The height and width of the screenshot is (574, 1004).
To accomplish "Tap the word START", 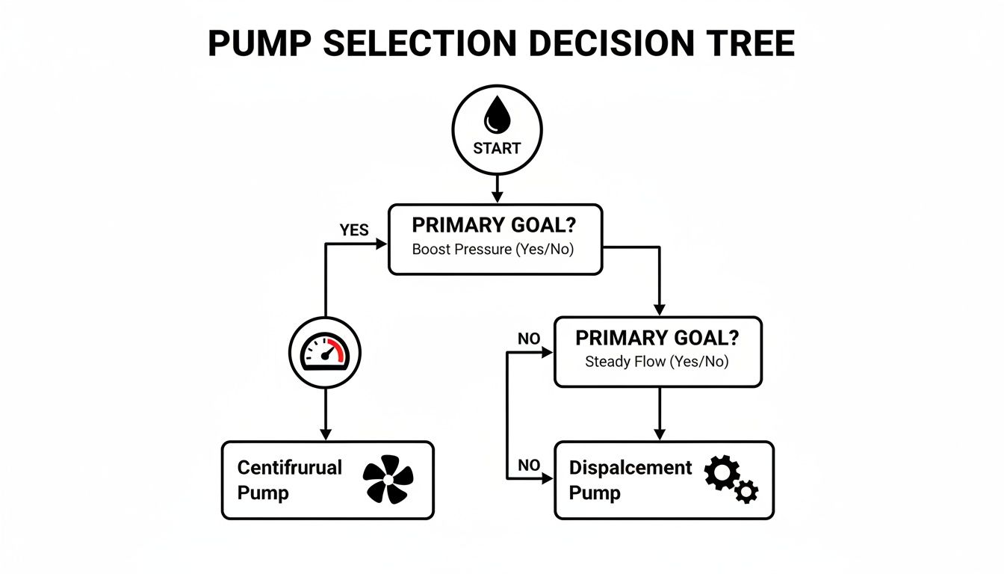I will click(497, 148).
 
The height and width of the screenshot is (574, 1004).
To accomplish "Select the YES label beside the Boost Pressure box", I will click(354, 229).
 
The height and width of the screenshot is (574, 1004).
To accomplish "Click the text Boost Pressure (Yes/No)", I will click(492, 250).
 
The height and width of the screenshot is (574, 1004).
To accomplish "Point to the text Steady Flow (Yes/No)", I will click(657, 362).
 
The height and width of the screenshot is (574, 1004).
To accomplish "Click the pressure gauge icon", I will click(324, 352).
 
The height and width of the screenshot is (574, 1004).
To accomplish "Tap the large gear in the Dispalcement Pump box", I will click(722, 473).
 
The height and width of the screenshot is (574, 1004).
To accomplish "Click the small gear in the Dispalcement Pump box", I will click(746, 491).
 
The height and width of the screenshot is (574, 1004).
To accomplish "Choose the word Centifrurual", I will click(289, 468).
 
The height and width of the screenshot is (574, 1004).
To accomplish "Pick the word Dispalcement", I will click(630, 468).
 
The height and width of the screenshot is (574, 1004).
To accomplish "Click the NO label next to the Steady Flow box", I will click(528, 339).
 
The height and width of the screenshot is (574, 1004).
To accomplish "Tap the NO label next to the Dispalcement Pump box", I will click(528, 465).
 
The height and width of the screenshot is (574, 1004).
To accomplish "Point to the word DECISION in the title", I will click(599, 45).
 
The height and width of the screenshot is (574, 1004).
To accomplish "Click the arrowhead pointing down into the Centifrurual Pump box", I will click(325, 434).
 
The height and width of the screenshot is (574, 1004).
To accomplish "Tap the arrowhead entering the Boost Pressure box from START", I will click(497, 197).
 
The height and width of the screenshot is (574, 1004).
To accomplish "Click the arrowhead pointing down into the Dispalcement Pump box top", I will click(659, 434).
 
